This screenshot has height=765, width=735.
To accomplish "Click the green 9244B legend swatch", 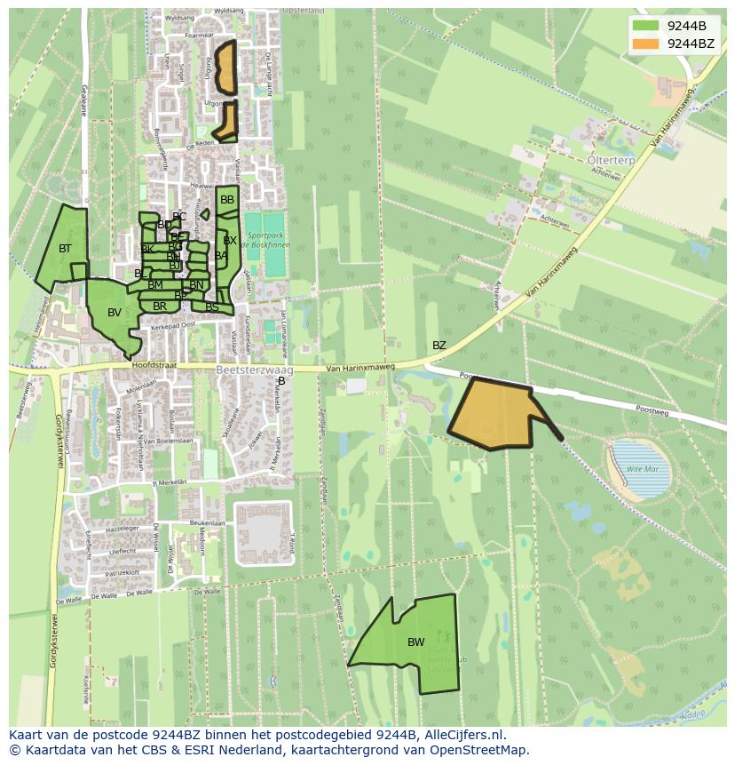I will coord(646,26).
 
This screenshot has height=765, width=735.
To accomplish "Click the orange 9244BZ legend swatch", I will coord(646,44).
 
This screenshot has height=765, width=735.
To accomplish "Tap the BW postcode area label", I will coord(415,642).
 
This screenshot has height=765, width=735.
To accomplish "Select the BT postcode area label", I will coord(65,249).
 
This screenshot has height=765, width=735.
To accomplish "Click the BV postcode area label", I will coord(114,313).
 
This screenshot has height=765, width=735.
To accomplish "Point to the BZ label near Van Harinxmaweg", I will coord(439,346).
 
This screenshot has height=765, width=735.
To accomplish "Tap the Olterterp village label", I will coord(611,160).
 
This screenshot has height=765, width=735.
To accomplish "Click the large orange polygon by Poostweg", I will coord(495,414).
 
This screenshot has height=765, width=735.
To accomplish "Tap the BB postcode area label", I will coord(227,200).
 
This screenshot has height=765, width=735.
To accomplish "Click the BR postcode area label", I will coord(160,307).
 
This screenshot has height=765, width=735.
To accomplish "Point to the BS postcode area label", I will coord(211,307).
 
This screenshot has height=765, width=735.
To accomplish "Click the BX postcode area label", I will coord(230,241).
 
